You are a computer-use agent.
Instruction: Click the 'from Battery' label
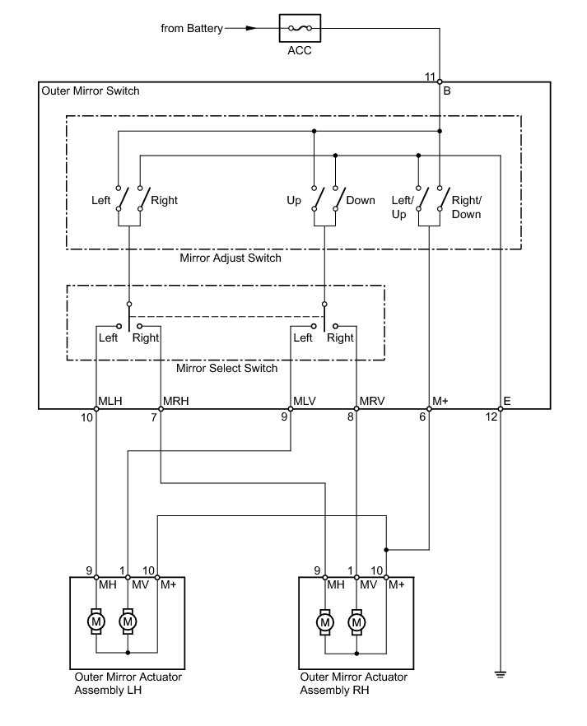click(x=192, y=29)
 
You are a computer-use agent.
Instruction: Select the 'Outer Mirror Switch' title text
click(x=91, y=91)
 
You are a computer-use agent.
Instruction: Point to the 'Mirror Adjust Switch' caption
click(x=231, y=258)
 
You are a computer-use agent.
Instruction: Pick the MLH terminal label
click(x=110, y=401)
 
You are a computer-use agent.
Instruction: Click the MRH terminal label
click(x=176, y=401)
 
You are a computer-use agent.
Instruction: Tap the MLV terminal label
click(x=305, y=401)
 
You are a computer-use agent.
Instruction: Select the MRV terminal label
click(x=371, y=401)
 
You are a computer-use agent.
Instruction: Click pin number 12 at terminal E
click(x=491, y=417)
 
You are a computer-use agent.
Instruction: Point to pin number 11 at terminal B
click(x=430, y=77)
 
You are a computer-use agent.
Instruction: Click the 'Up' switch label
click(x=294, y=201)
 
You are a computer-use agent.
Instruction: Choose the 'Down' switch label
click(x=361, y=201)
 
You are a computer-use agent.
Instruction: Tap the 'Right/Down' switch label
click(x=467, y=207)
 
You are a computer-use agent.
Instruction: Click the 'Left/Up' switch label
click(x=402, y=207)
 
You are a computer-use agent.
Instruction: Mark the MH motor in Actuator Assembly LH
click(x=96, y=621)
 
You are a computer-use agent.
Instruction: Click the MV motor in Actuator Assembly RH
click(x=356, y=621)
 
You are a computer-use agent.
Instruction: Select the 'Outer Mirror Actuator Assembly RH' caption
click(x=353, y=684)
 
